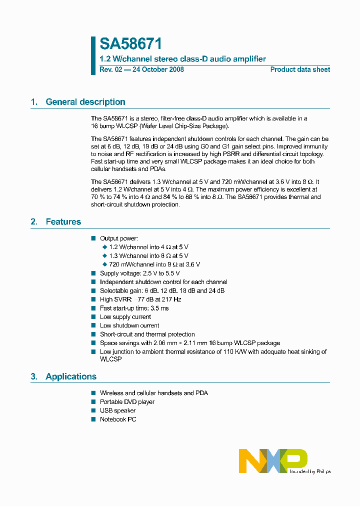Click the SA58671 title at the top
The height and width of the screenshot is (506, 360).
click(x=130, y=44)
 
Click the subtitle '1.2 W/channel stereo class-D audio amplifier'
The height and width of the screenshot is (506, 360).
click(x=182, y=59)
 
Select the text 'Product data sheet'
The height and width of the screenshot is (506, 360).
click(x=300, y=69)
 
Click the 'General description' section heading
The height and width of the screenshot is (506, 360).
click(x=85, y=102)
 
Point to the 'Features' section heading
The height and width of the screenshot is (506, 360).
click(x=63, y=221)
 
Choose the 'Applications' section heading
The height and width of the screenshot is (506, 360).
click(x=70, y=376)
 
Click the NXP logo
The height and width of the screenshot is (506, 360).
click(x=272, y=460)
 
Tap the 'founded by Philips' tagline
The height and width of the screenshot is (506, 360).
click(x=310, y=471)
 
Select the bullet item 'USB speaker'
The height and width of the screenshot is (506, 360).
click(x=117, y=410)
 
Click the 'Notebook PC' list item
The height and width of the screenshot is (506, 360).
click(x=117, y=419)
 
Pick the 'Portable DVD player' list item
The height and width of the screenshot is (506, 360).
click(x=127, y=402)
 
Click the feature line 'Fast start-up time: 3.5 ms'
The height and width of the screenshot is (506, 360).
click(x=134, y=308)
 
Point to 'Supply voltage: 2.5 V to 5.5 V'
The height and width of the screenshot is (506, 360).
click(x=139, y=273)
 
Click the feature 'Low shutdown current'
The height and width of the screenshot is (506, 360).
click(x=129, y=325)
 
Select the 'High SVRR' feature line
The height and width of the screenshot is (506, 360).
click(x=140, y=299)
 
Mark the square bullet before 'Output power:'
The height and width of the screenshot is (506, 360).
click(x=93, y=238)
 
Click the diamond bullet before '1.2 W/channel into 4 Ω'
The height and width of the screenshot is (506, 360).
click(x=104, y=247)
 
